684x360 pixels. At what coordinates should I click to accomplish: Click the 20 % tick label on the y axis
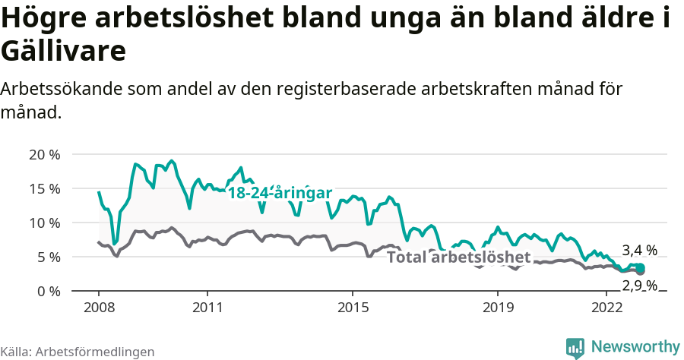click(44, 155)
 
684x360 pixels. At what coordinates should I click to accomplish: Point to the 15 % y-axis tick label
click(44, 189)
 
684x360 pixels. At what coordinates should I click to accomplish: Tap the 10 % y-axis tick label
click(44, 223)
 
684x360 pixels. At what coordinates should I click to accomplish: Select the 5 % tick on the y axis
click(48, 257)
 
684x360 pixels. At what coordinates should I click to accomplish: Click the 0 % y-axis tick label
click(48, 292)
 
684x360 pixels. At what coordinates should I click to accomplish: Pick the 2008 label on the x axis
click(99, 308)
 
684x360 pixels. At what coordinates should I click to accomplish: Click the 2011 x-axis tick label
click(207, 308)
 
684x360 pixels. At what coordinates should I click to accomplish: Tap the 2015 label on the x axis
click(352, 308)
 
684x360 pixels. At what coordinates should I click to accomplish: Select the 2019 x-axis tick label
click(497, 308)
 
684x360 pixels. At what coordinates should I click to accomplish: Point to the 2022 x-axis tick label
click(606, 308)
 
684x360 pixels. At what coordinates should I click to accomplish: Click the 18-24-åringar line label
click(280, 194)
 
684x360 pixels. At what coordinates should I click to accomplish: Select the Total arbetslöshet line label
click(458, 257)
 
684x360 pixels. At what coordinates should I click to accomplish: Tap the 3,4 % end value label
click(639, 251)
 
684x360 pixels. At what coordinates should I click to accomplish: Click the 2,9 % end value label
click(639, 286)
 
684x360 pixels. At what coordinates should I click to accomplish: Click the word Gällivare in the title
click(64, 52)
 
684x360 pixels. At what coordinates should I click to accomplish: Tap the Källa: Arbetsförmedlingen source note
click(78, 352)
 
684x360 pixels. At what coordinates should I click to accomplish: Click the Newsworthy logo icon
click(575, 347)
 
